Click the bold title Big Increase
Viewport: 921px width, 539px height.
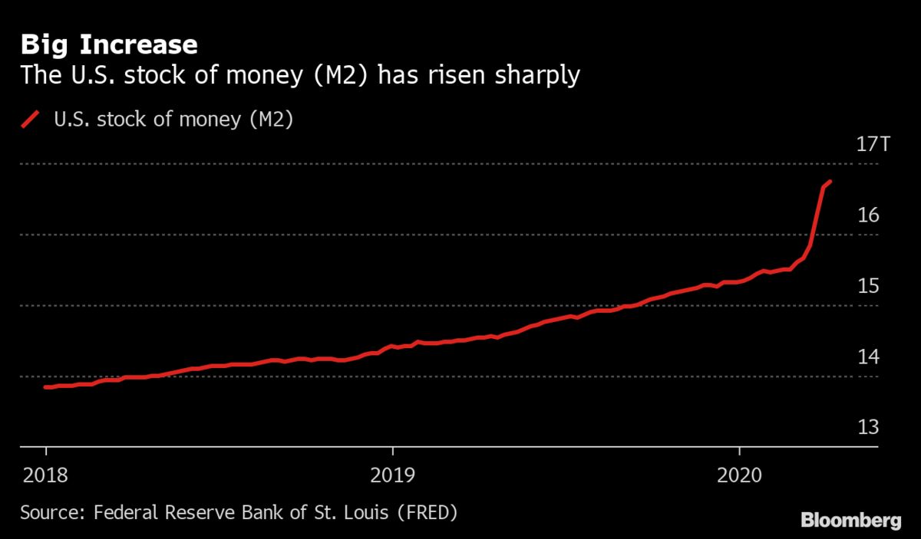coord(109,44)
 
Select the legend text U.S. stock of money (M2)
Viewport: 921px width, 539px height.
coord(173,120)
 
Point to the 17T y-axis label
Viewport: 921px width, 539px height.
coord(872,144)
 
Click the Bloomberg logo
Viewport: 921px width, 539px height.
coord(850,521)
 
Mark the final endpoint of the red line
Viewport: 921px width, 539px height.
coord(830,182)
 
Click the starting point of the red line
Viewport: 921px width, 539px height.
coord(45,387)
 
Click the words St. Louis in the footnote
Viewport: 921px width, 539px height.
coord(339,511)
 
